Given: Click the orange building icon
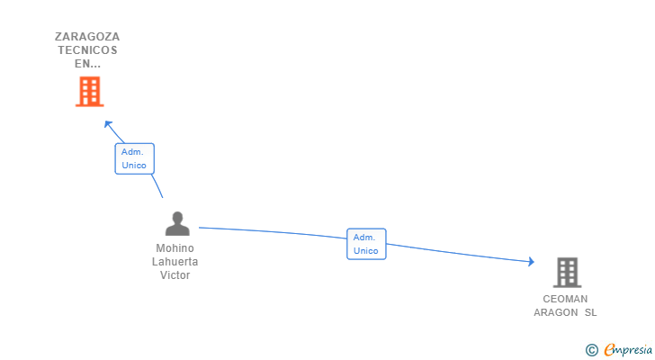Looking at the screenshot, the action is coord(89,92).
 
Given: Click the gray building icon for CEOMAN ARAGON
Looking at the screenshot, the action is coord(567,273).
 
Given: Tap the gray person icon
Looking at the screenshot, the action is coord(177,223).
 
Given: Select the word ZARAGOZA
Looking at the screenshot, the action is coord(87,37).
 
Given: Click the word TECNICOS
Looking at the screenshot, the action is coord(87,50).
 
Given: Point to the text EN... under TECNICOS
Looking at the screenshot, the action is coord(88,64).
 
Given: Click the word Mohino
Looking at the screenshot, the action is coord(175,248).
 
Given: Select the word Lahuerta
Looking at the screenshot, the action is coord(175,261).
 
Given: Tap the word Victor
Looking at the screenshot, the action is coord(175,275).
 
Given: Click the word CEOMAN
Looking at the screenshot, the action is coord(565,299).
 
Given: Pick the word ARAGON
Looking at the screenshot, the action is coord(556,312).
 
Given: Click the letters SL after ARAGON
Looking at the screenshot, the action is coord(590,312).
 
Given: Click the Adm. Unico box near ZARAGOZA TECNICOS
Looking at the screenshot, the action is coord(135,158).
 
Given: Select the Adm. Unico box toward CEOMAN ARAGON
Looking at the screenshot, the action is coord(366,244).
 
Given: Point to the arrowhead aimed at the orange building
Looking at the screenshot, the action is coord(108,124).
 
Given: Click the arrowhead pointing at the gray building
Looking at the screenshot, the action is coord(532,262).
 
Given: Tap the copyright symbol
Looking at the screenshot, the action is coord(591,350).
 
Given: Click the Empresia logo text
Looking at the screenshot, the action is coord(628,349).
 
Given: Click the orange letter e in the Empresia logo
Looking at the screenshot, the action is coord(609,349).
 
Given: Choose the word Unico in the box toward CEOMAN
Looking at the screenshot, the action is coord(366,250).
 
